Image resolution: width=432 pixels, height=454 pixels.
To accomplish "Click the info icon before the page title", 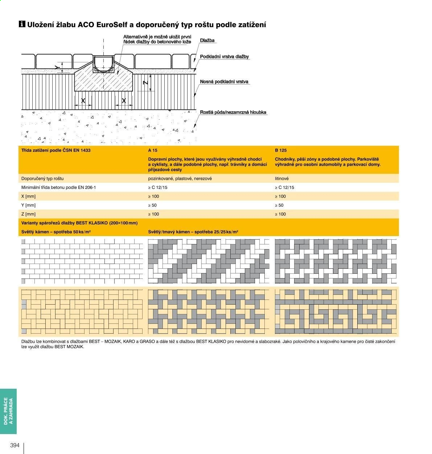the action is coord(22,24).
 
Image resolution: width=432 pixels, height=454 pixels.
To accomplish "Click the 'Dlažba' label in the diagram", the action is coord(207,41).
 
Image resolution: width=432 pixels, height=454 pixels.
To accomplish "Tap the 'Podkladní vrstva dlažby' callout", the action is coord(224,57).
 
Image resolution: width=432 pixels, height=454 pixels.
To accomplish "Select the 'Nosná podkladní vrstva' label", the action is coord(224,82).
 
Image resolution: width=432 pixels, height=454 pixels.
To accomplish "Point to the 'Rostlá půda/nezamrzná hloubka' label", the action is coord(233,112).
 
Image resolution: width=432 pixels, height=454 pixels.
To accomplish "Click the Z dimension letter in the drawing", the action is coord(145,82).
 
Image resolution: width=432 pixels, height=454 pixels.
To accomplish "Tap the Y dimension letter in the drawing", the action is coord(57,67).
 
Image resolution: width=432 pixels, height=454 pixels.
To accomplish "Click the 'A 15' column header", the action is coord(152,150).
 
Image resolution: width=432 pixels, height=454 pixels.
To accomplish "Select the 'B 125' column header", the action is coord(280,150).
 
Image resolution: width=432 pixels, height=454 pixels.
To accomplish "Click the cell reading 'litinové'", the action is coord(281,178).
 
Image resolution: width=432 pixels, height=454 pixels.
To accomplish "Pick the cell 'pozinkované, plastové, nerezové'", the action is coord(180,178).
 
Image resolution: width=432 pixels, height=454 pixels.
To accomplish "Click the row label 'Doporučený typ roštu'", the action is coord(42,178).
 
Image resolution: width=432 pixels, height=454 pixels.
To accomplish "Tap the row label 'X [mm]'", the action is coord(28,196).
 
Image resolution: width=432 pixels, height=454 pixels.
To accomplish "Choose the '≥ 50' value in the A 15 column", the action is coord(152,205).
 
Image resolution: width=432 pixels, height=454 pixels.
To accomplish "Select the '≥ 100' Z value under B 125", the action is coord(280,214).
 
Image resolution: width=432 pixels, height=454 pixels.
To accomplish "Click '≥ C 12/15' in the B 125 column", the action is coord(284,187).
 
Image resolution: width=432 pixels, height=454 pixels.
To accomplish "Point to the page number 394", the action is coord(15,445).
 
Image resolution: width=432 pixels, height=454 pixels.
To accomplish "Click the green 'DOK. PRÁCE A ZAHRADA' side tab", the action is coord(8,411).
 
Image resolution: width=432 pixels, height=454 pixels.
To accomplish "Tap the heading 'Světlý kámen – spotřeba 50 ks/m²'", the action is coord(56,232).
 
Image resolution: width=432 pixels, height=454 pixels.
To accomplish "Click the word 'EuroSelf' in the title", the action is coord(112,25).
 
